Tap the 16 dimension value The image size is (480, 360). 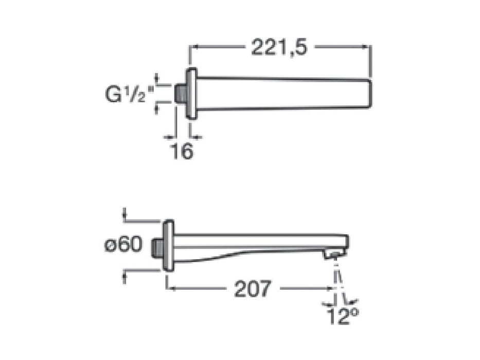click(x=182, y=151)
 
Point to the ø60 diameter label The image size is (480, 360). click(x=123, y=245)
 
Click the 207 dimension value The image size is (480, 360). click(x=252, y=290)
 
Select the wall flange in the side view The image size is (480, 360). click(x=168, y=245)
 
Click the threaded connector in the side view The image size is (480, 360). click(x=158, y=246)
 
